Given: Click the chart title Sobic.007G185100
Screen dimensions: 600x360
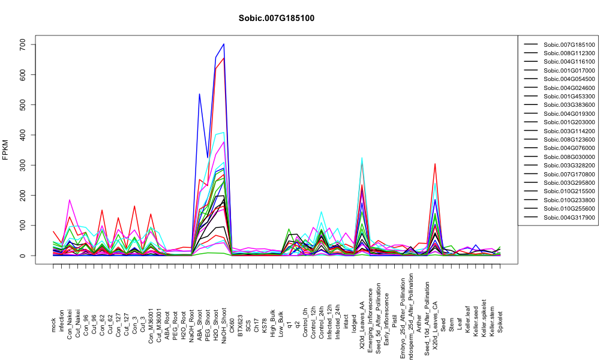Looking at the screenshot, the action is (276, 19).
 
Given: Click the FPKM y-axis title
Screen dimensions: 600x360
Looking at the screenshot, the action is (5, 150).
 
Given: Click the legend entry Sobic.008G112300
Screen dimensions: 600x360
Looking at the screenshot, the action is (569, 53).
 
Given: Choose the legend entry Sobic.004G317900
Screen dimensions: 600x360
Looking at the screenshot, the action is (569, 217).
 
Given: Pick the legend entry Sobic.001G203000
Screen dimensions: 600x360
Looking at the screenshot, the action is (569, 122).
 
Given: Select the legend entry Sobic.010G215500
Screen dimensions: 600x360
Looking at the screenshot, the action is (569, 191).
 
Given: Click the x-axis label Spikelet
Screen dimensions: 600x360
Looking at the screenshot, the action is (500, 322).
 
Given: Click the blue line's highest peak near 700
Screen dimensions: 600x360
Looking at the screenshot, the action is (224, 44).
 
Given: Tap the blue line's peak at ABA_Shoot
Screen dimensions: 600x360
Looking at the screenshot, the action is (199, 94).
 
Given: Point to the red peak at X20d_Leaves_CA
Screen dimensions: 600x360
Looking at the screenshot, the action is (435, 164).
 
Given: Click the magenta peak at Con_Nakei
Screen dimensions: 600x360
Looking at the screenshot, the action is (69, 200).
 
